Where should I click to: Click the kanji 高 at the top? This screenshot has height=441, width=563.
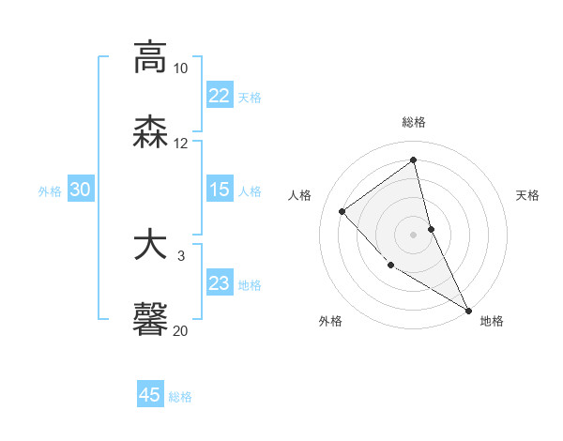(x=150, y=57)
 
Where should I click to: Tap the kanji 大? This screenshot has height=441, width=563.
(x=150, y=245)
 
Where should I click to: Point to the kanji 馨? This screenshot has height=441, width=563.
(x=150, y=318)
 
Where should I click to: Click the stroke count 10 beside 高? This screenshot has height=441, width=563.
(x=181, y=68)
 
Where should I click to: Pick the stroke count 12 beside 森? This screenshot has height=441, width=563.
(x=181, y=144)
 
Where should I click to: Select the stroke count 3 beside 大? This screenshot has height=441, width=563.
(x=181, y=256)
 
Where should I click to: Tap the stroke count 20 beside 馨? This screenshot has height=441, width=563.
(x=181, y=330)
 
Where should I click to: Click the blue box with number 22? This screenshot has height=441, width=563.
(x=220, y=96)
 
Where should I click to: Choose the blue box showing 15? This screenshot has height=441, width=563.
(x=220, y=190)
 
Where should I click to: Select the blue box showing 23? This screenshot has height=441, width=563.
(x=220, y=283)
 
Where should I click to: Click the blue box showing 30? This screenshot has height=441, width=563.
(x=81, y=190)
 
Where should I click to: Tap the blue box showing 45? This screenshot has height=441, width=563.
(x=150, y=395)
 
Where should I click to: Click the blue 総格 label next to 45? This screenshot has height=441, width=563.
(x=180, y=397)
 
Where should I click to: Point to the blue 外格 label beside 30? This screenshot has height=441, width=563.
(x=50, y=191)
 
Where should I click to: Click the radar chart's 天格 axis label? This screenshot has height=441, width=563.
(x=527, y=195)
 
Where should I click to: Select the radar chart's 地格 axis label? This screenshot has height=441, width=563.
(x=492, y=321)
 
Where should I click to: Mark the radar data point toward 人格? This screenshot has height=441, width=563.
(x=342, y=211)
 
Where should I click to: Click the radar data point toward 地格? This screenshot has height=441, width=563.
(x=468, y=310)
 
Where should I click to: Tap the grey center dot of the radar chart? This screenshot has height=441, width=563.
(x=413, y=234)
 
